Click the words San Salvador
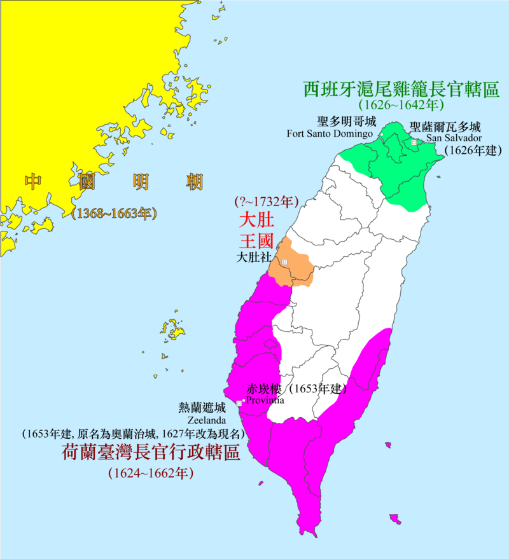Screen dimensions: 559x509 (x=454, y=138)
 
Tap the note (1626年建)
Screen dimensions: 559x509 (x=473, y=151)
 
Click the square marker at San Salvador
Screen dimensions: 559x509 (x=414, y=142)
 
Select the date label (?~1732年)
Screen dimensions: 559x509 (x=267, y=202)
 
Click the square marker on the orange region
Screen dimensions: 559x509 (x=284, y=262)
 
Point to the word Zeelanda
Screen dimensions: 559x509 (x=203, y=420)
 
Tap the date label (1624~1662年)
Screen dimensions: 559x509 (x=150, y=473)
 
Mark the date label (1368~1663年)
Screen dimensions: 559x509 (x=115, y=214)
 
